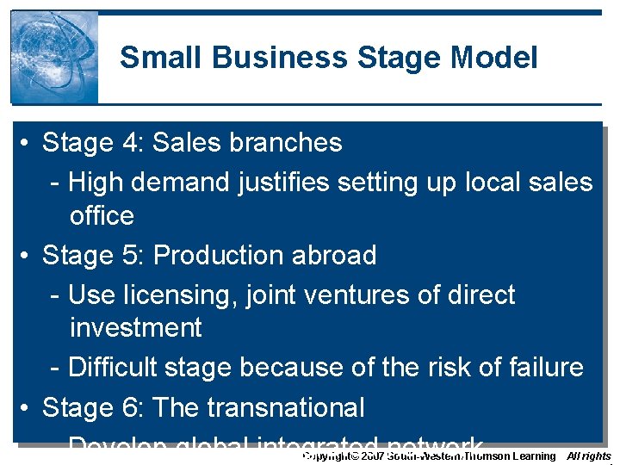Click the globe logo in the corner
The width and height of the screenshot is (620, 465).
53,57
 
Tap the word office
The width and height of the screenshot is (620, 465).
102,215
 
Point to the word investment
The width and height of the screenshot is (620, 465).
135,328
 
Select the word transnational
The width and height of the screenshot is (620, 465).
283,407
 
